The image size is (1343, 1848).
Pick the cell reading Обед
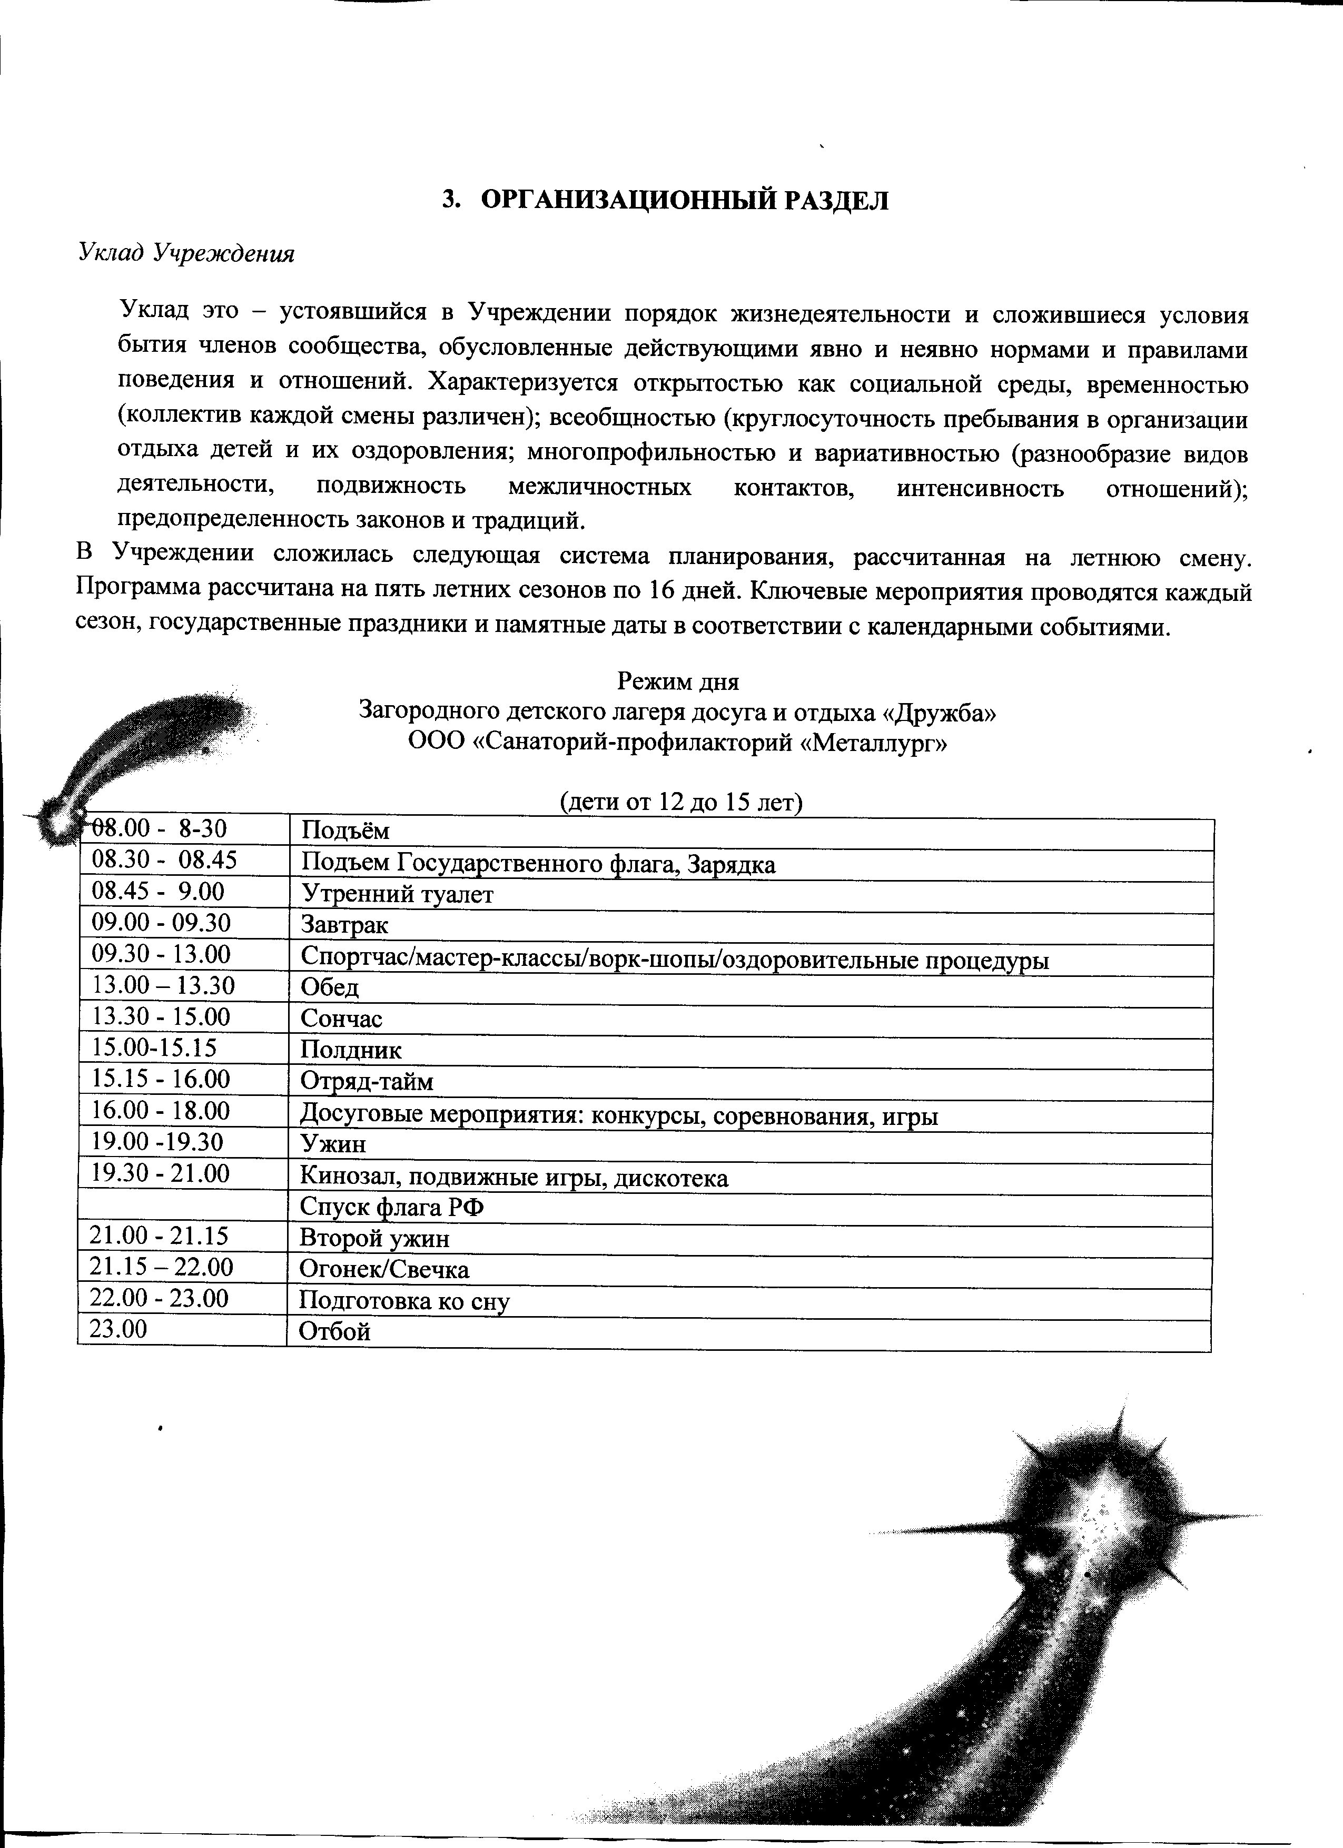pos(330,987)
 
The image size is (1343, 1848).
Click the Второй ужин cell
pos(375,1239)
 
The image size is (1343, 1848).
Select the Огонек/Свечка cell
pos(384,1270)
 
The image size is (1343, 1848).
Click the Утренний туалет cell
pos(398,894)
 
